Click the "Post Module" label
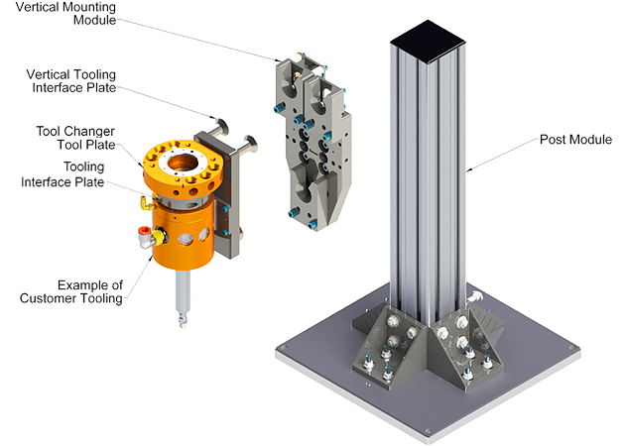575,140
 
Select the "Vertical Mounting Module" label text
65,13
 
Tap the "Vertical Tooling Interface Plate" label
71,81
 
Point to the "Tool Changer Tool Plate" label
75,138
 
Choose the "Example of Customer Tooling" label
71,291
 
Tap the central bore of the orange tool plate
183,163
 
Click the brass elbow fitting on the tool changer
147,203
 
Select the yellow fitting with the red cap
151,236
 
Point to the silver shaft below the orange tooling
183,296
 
